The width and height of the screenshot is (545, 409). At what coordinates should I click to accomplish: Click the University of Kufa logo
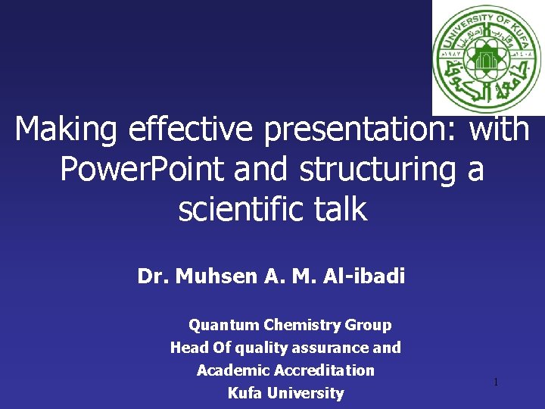[488, 58]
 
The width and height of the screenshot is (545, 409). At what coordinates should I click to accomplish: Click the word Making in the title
[67, 130]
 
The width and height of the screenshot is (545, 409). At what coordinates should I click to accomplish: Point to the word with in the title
[499, 130]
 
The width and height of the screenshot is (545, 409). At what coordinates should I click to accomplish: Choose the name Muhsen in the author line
[216, 276]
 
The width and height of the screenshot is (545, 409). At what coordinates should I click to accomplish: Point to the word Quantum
[223, 326]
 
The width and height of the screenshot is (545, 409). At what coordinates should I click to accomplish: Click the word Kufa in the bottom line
[246, 393]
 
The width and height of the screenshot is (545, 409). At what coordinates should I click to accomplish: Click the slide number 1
[496, 382]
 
